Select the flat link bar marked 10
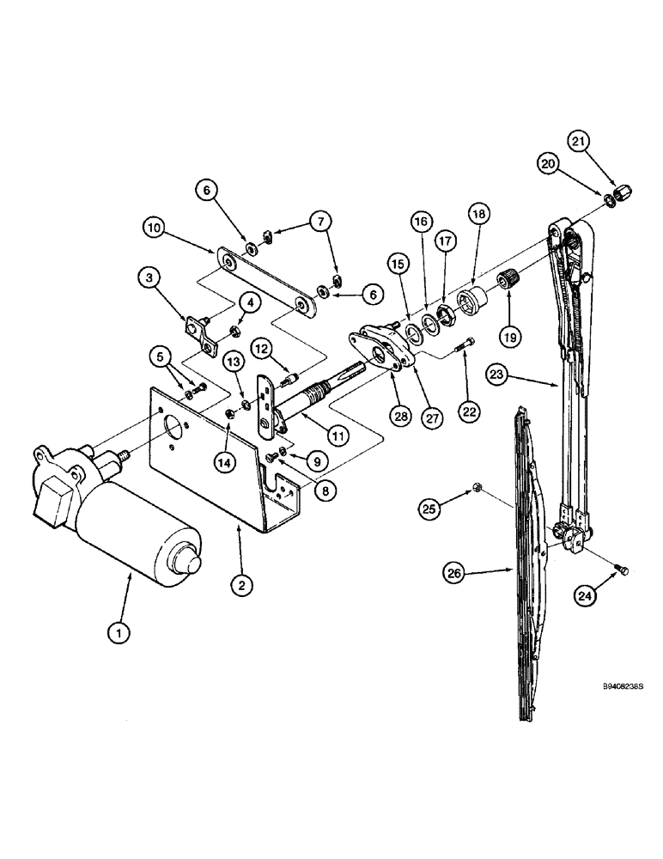[x=263, y=281]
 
